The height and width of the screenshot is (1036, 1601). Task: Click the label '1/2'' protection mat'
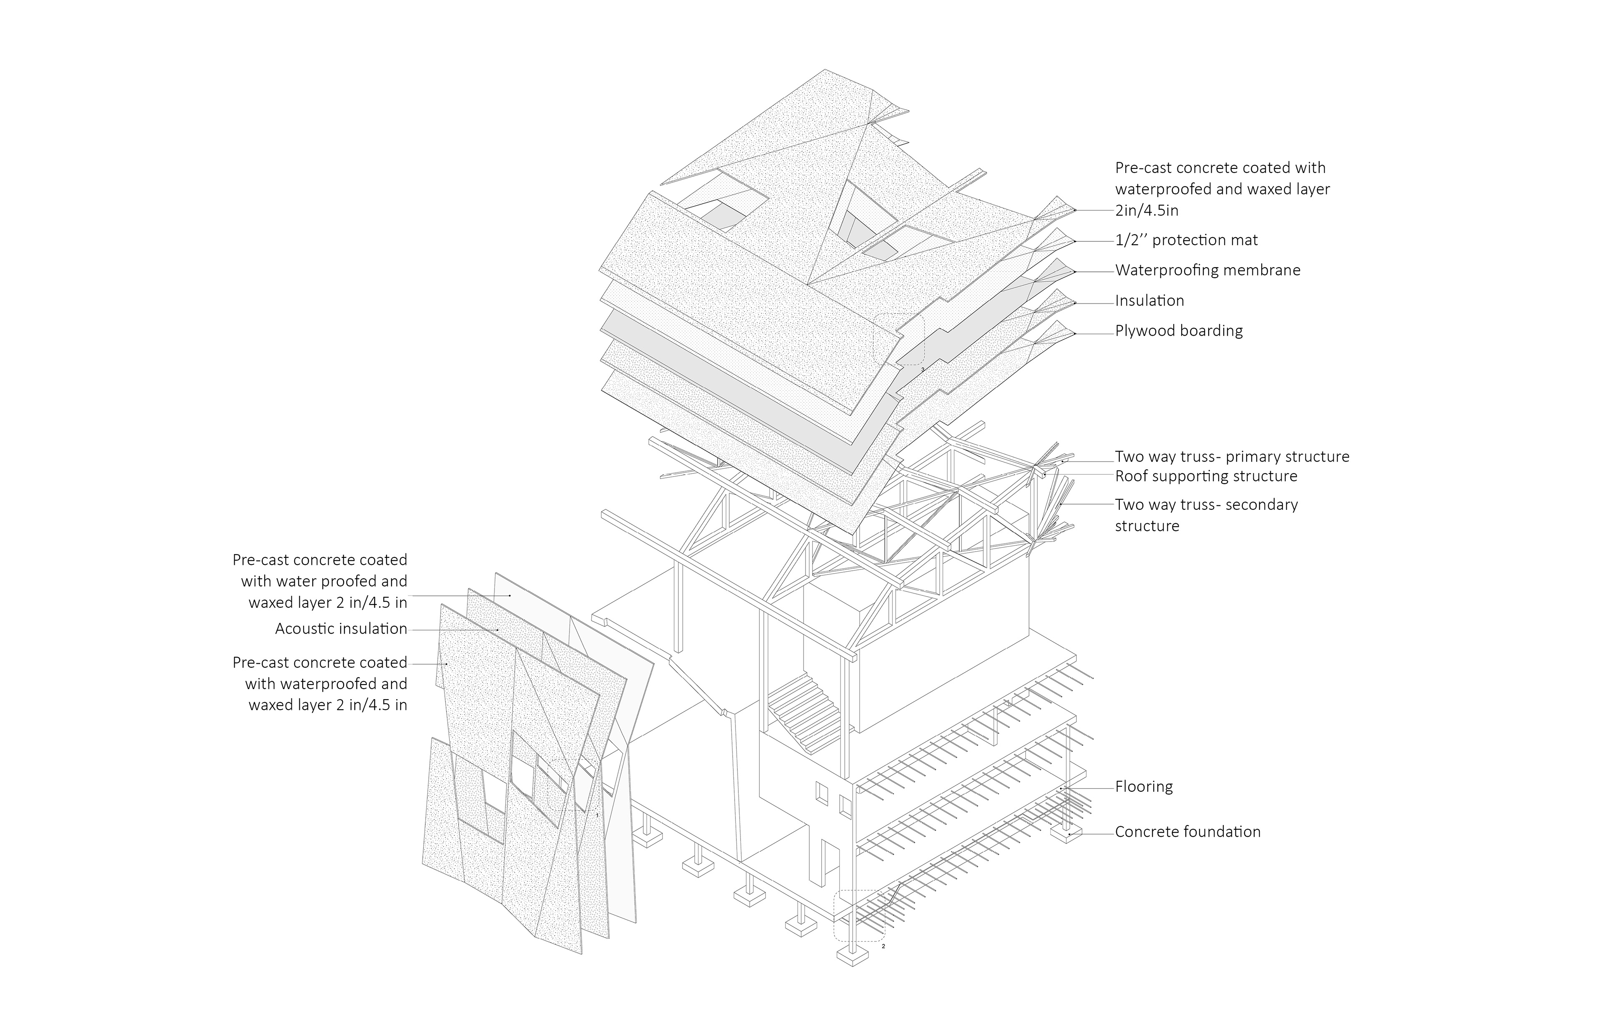click(x=1186, y=240)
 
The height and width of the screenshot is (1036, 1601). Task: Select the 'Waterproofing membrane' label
click(x=1207, y=271)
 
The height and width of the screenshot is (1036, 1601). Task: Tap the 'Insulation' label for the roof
click(x=1149, y=301)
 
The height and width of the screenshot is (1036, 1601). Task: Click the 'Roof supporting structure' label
click(x=1205, y=476)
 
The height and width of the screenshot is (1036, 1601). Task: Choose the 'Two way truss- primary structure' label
click(x=1232, y=457)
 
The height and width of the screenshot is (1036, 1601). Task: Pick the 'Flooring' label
click(x=1144, y=786)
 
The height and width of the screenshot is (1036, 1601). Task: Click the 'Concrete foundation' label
click(x=1187, y=832)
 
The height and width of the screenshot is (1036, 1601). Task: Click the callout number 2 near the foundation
click(x=883, y=946)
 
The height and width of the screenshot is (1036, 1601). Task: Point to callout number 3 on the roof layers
click(x=922, y=369)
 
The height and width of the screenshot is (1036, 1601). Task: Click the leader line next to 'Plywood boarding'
click(x=1094, y=333)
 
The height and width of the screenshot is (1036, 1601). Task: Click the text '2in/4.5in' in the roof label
click(x=1146, y=211)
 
